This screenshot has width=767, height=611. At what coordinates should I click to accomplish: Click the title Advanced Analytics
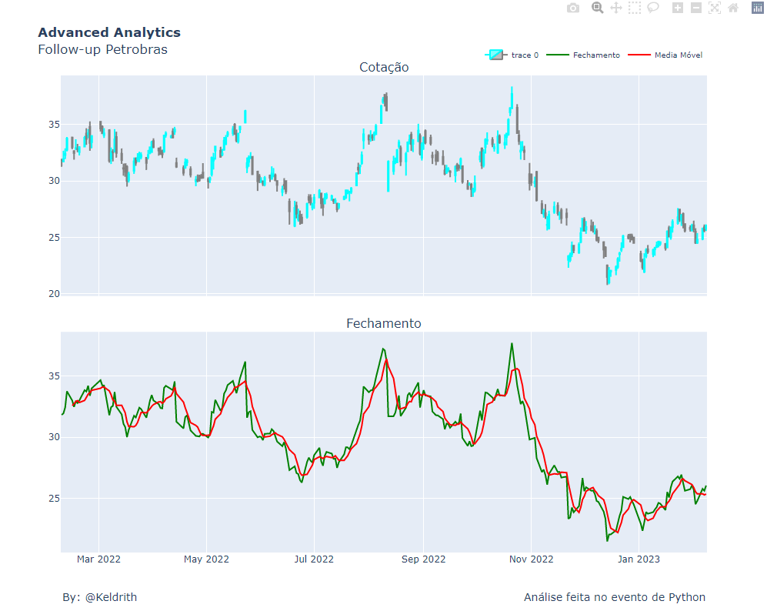click(x=109, y=32)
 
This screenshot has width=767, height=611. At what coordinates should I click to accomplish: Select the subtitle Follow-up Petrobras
click(x=102, y=49)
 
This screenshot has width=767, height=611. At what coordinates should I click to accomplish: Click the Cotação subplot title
click(x=384, y=67)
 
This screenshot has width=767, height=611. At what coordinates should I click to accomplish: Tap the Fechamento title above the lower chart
click(x=384, y=323)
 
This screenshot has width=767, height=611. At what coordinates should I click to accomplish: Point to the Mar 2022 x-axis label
click(x=98, y=559)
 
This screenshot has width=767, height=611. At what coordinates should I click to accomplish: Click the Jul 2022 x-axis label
click(x=314, y=559)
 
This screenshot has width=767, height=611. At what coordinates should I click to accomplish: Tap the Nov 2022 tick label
click(x=531, y=559)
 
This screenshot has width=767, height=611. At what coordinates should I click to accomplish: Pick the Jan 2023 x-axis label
click(x=638, y=559)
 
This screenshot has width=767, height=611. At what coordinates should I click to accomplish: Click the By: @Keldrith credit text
click(x=100, y=597)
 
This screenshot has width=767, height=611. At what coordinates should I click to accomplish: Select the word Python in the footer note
click(x=687, y=597)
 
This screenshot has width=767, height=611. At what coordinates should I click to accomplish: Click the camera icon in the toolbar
click(x=573, y=8)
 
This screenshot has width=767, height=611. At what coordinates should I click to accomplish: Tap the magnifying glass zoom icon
click(x=597, y=8)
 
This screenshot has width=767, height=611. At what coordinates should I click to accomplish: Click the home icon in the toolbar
click(x=733, y=8)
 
